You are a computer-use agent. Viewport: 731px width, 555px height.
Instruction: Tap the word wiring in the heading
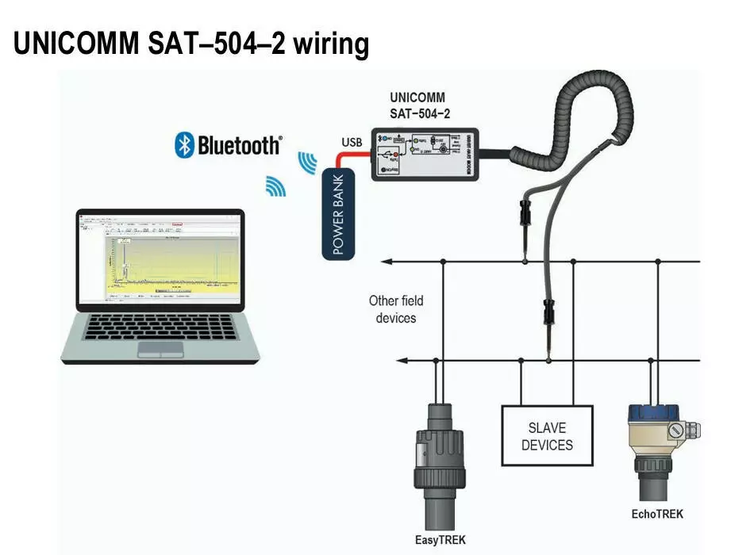[331, 45]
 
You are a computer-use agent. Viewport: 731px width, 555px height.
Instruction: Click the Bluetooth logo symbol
[185, 144]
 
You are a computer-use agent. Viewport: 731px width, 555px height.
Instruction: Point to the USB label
[352, 143]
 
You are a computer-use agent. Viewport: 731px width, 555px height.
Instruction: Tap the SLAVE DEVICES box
[547, 435]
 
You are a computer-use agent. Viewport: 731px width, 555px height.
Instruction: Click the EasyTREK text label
[441, 540]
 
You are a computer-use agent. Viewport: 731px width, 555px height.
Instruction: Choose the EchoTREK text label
[656, 514]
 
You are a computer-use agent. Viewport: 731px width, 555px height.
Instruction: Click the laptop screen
[159, 260]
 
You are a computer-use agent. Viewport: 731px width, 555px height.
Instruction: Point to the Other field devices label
[396, 309]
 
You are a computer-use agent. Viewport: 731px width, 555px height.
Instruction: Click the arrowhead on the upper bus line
[388, 261]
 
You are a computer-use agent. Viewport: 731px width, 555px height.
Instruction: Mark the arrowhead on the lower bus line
[402, 361]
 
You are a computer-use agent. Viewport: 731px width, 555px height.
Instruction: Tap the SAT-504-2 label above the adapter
[420, 113]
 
